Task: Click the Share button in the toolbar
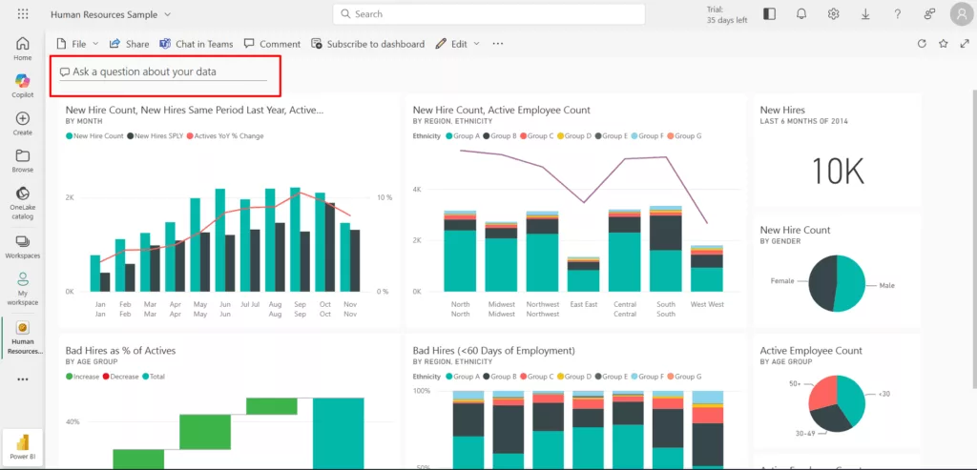coord(130,44)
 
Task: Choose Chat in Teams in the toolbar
coord(197,44)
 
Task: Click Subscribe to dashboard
coord(368,44)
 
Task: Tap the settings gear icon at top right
coord(833,14)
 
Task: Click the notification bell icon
coord(801,14)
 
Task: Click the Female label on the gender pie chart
coord(782,281)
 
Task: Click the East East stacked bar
coord(583,275)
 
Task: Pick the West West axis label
coord(706,304)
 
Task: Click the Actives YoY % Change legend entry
coord(228,136)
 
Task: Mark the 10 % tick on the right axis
coord(385,197)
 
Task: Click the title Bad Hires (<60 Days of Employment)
coord(493,351)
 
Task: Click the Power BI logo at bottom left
coord(23,447)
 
